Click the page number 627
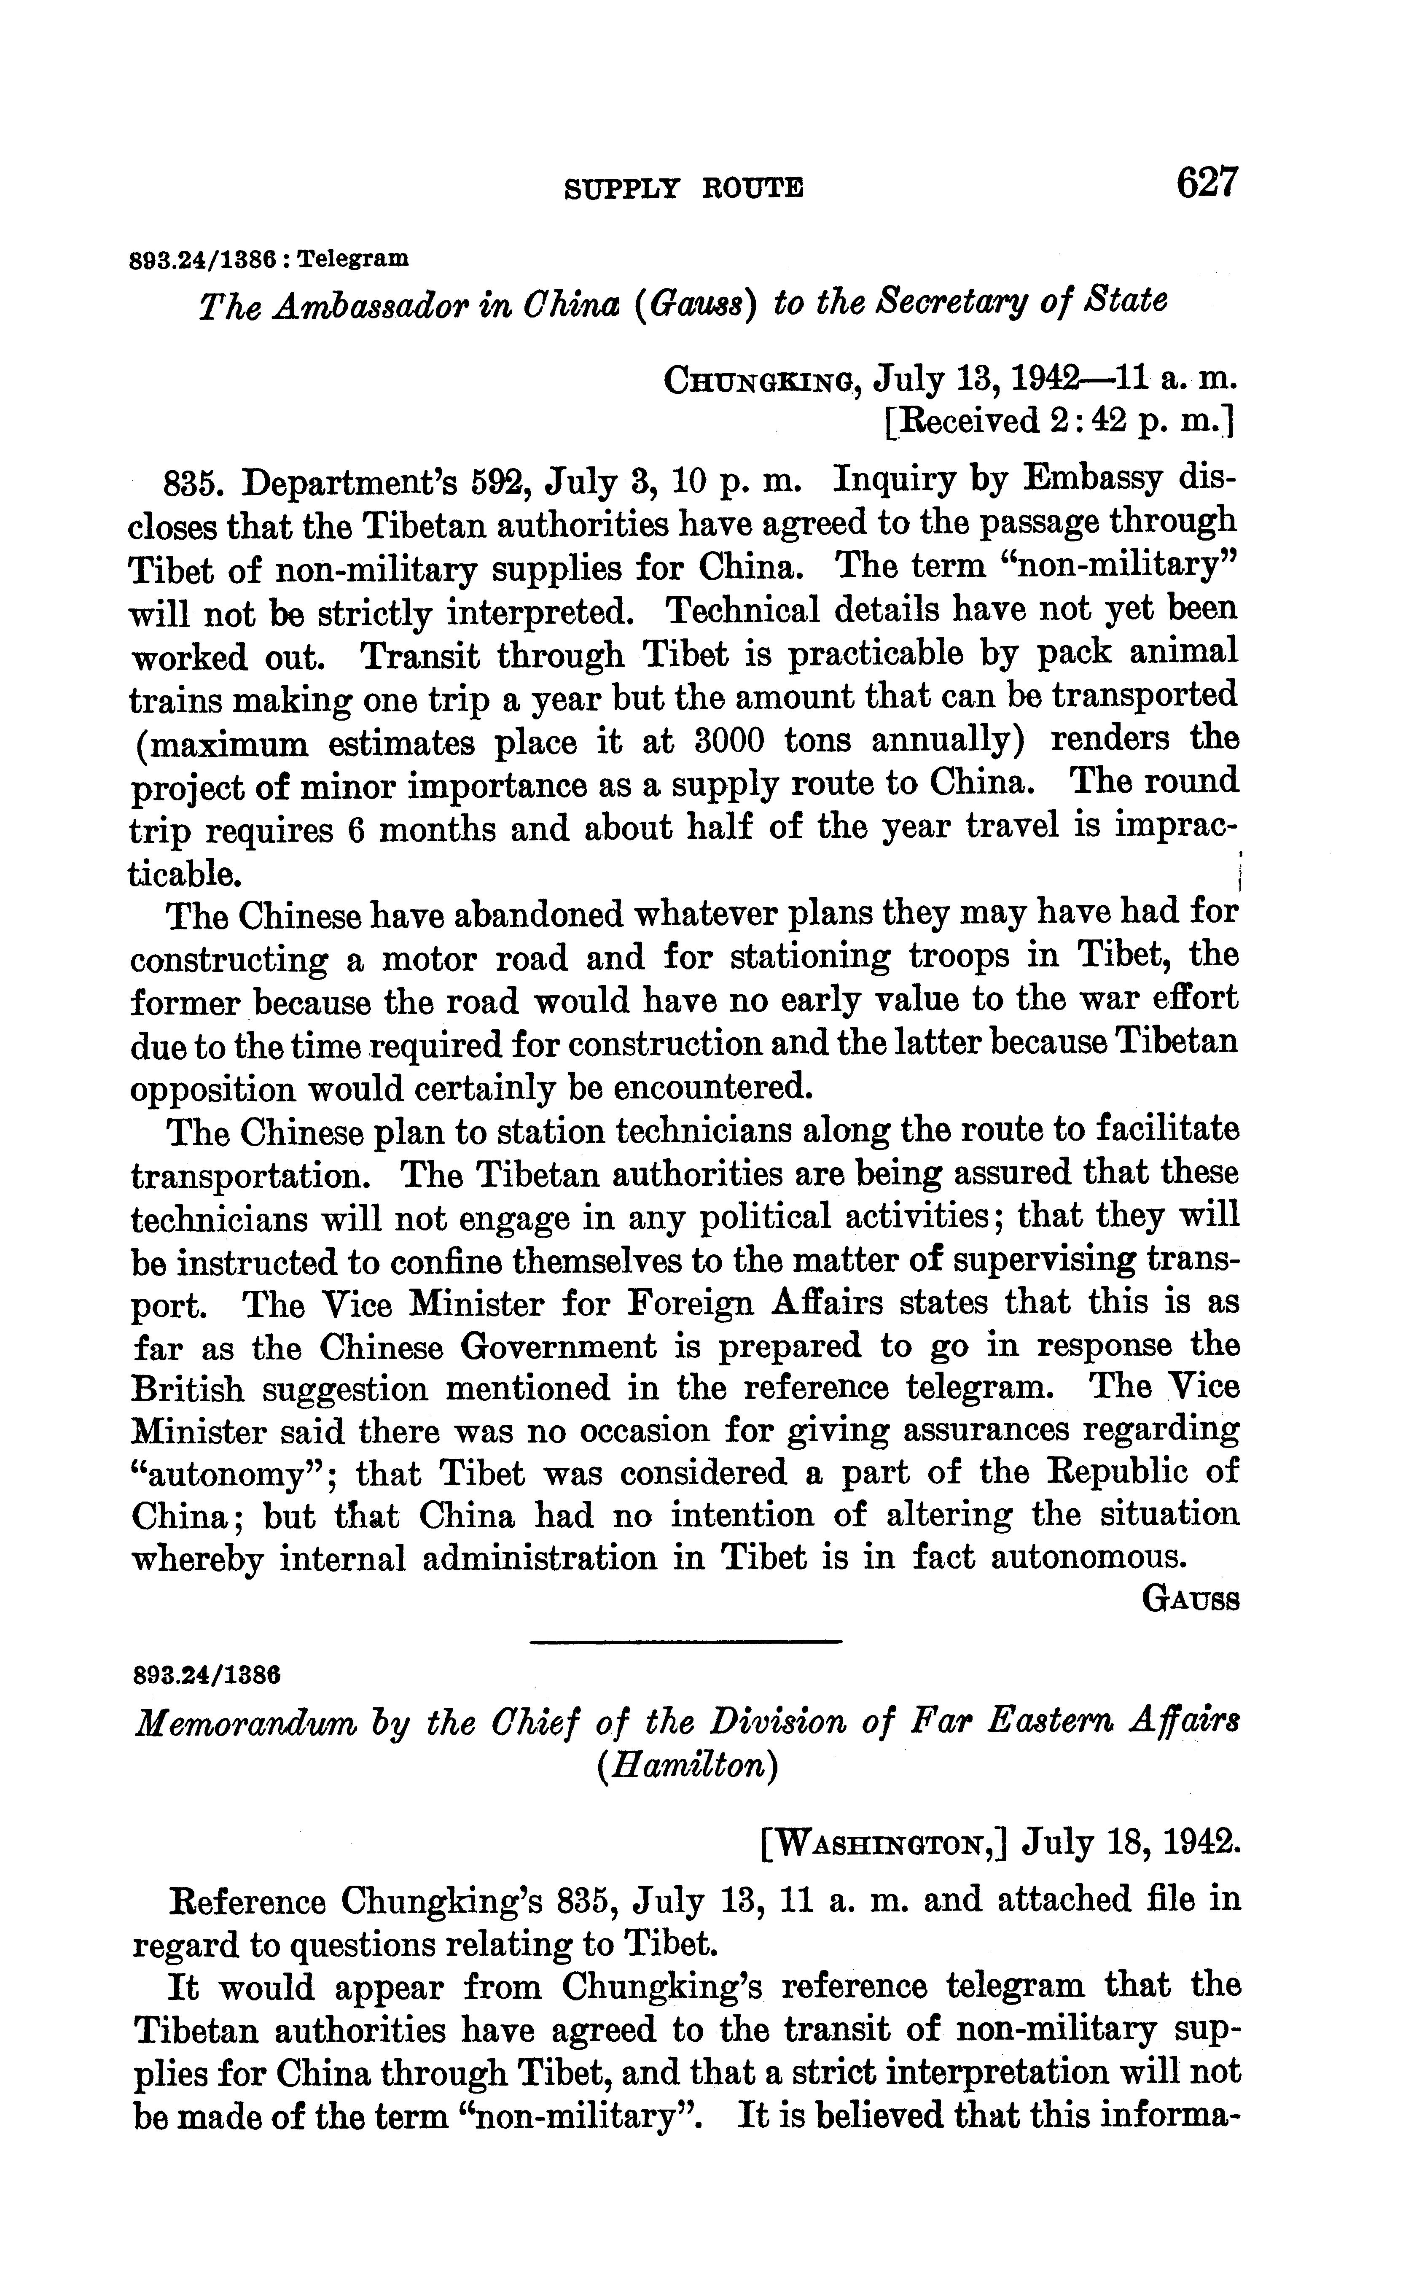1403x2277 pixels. click(x=1206, y=182)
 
